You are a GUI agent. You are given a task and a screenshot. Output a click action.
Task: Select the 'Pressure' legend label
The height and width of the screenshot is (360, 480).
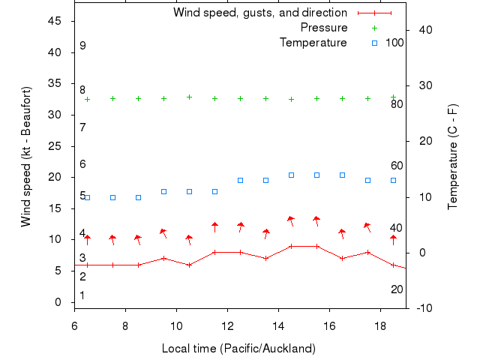coord(324,28)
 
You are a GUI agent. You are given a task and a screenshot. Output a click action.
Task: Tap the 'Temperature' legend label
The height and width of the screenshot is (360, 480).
coord(313,43)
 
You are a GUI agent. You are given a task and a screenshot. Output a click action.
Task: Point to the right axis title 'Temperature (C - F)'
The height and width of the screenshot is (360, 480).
coord(453,157)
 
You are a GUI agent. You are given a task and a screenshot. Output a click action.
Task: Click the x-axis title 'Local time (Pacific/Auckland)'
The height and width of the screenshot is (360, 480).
coord(238,349)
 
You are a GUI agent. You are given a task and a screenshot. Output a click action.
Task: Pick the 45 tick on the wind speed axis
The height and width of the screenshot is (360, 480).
coord(55,21)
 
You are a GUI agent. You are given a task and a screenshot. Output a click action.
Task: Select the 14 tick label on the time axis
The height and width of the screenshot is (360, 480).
coord(278,326)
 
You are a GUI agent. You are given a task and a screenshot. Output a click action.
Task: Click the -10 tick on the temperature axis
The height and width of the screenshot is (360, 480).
coord(422,308)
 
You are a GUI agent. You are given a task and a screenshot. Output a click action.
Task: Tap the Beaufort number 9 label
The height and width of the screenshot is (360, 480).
coord(82,46)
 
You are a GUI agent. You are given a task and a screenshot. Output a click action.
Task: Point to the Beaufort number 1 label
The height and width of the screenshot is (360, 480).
coord(82,295)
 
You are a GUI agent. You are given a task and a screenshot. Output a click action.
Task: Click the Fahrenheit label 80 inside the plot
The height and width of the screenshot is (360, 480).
coord(397,104)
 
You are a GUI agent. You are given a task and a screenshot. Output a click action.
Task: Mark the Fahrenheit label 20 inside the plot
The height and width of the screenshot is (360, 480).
coord(397,289)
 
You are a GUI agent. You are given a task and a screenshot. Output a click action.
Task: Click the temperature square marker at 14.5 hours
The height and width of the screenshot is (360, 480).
coord(291,175)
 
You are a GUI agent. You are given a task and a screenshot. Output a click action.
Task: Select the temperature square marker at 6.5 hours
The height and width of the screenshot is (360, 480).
coord(87,197)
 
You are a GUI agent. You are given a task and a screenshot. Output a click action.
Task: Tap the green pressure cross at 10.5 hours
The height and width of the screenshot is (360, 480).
coord(189,97)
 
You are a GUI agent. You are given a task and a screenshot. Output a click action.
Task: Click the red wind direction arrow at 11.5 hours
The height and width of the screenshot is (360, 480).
coord(214,226)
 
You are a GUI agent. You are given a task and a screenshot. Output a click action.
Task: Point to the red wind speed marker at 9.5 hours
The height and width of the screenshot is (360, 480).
coord(163,259)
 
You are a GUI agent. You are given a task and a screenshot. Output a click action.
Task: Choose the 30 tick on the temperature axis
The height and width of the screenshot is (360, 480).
coord(422,85)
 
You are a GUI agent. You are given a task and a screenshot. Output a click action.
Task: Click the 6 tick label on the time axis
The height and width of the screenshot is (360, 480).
coord(74,326)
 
